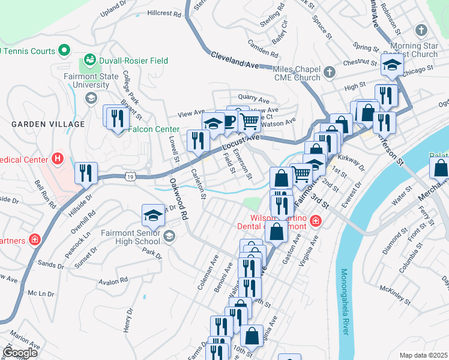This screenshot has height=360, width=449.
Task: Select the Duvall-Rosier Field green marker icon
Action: coord(90,60)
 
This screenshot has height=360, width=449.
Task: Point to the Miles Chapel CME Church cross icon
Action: coord(329,73)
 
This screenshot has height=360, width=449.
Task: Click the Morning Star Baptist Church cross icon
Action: coord(421,30)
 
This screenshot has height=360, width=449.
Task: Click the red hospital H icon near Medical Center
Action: coord(57,159)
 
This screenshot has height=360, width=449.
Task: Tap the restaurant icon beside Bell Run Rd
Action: coord(86,173)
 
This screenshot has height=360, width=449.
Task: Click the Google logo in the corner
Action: coord(20,352)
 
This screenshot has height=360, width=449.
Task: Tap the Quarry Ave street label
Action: coord(254,97)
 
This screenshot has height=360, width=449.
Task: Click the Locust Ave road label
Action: coord(240,142)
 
